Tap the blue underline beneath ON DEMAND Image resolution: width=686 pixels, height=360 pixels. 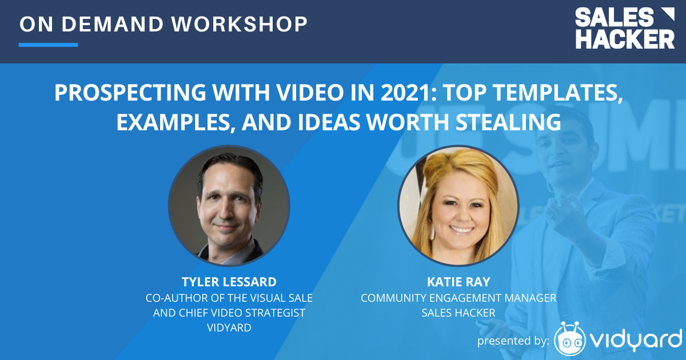click(x=48, y=45)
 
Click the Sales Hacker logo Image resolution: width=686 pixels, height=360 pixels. click(x=624, y=28)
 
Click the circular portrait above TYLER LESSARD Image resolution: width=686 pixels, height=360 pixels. click(x=229, y=206)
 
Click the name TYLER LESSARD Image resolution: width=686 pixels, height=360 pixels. click(x=229, y=282)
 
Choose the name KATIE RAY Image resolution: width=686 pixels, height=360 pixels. click(x=458, y=282)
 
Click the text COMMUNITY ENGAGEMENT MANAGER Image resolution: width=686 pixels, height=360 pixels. click(x=458, y=298)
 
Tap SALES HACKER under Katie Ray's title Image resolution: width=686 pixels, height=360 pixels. click(x=458, y=313)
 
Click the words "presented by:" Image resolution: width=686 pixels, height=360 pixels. click(x=513, y=341)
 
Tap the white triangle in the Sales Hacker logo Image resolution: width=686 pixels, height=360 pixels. click(x=665, y=15)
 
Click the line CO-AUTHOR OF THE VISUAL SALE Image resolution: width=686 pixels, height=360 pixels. click(x=229, y=298)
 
